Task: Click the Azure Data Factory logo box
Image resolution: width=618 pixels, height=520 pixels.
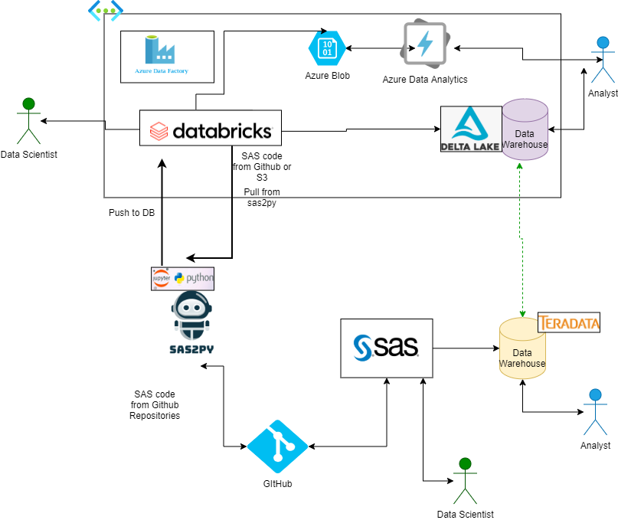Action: [x=167, y=56]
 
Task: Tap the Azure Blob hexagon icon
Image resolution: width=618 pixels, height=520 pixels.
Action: [x=327, y=47]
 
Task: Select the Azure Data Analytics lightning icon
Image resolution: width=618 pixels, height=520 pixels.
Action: [x=424, y=44]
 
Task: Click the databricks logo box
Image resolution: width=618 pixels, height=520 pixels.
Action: [x=211, y=128]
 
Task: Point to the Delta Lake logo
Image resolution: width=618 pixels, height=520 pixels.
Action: [x=470, y=129]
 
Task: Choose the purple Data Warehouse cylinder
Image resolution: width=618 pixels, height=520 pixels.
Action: [x=525, y=129]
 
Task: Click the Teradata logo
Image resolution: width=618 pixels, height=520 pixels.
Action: [x=569, y=322]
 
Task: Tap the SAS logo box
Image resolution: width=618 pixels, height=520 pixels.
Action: [x=386, y=348]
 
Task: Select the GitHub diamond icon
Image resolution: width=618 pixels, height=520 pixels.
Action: [x=277, y=446]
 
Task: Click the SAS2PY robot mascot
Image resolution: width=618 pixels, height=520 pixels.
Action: [x=191, y=322]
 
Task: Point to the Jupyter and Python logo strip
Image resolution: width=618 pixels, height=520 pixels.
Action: [x=183, y=278]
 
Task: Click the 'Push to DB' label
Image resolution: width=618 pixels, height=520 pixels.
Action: [x=132, y=213]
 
